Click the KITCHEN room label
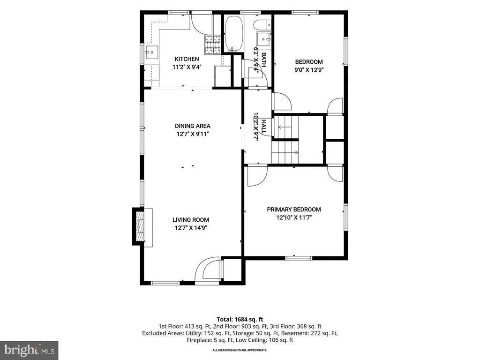[187, 59]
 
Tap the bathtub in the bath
[234, 33]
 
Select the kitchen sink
[151, 52]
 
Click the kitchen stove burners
[212, 45]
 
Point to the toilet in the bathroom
[262, 24]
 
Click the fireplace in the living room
[140, 226]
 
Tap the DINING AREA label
[193, 126]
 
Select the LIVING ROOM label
[191, 220]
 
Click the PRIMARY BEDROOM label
[294, 210]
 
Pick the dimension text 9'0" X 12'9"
[309, 70]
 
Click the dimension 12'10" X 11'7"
[294, 217]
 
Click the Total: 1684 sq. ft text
[240, 320]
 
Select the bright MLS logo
[29, 350]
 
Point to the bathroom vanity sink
[264, 38]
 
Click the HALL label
[263, 127]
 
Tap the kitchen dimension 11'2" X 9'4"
[187, 67]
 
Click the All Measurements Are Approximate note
[240, 350]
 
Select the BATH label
[263, 60]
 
